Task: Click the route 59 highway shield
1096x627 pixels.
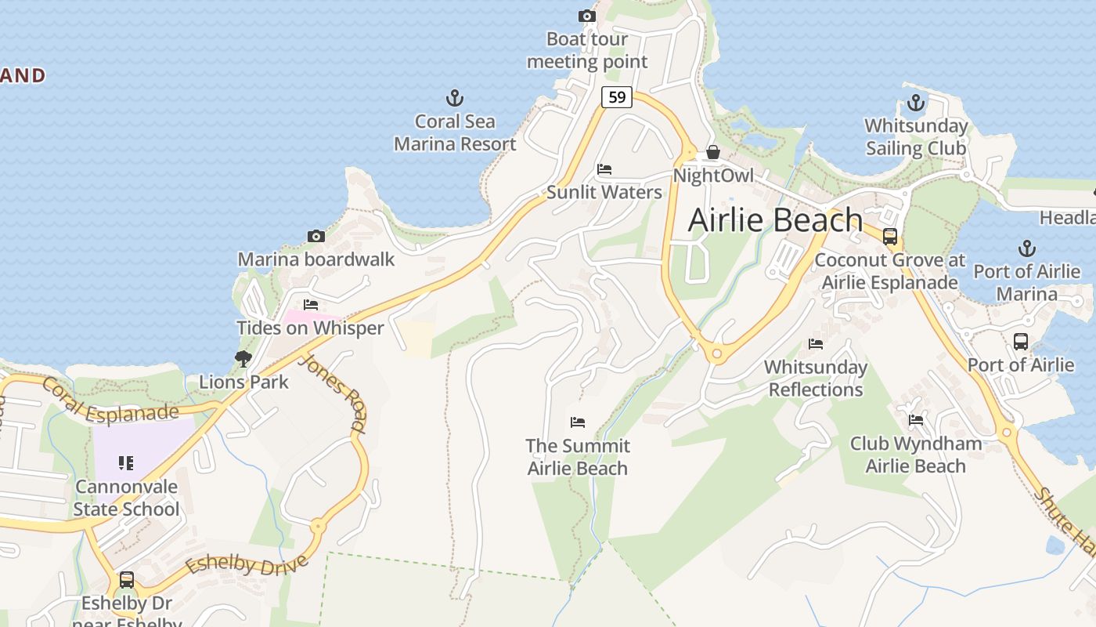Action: tap(617, 97)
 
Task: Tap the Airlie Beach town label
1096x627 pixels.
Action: tap(775, 220)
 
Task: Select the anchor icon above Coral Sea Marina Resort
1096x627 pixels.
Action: tap(455, 99)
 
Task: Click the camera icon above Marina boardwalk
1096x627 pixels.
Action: tap(316, 236)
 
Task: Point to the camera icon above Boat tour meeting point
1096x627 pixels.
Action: tap(587, 16)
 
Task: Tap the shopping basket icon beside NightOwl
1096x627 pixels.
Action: tap(712, 152)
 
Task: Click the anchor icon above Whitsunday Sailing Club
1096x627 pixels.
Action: tap(915, 103)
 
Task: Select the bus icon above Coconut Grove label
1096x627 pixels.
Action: tap(890, 237)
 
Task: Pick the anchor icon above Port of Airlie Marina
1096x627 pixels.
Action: tap(1026, 249)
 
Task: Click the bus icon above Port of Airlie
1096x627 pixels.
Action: tap(1021, 342)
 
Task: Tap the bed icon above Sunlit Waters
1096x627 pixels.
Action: tap(604, 169)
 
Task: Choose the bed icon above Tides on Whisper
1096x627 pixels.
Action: tap(311, 305)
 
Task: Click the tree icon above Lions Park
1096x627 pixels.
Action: tap(243, 359)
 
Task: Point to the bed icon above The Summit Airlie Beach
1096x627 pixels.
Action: tap(578, 422)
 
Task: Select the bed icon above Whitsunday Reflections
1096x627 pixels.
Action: tap(816, 344)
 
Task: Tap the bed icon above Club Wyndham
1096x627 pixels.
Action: tap(916, 420)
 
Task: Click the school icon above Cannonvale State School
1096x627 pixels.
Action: tap(126, 463)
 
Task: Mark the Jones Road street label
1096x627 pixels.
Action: tap(333, 393)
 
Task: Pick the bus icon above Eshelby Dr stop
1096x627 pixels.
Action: tap(126, 580)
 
